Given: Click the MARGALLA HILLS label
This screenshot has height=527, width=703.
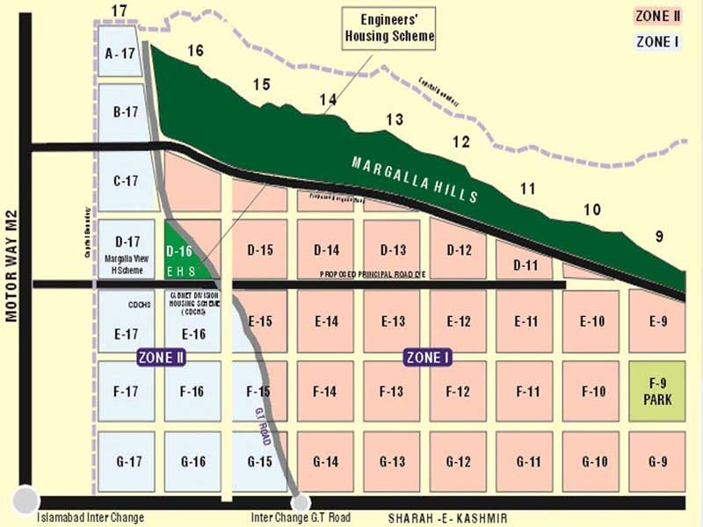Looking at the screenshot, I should [x=415, y=179].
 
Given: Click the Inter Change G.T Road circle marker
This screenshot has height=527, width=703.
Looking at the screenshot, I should [x=301, y=502].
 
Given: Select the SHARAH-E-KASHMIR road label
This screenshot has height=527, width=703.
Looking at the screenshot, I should [x=447, y=518].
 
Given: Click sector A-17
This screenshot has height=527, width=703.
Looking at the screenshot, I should [x=120, y=54].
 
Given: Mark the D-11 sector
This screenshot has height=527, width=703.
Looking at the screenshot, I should [x=525, y=263].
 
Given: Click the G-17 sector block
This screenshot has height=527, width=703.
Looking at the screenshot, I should [x=120, y=461].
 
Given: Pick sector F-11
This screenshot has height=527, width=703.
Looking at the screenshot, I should [x=527, y=391].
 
